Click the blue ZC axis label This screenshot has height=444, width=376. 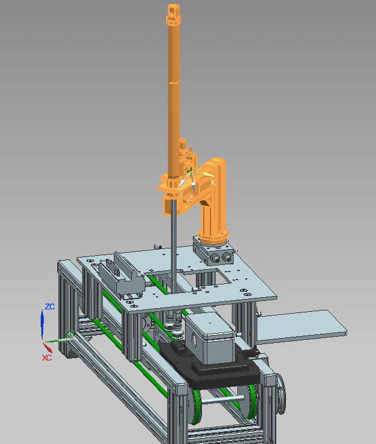(x=50, y=307)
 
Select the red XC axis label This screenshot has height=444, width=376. (x=47, y=358)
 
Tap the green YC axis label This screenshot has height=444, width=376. (x=70, y=334)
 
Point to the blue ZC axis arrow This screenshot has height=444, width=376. (x=42, y=323)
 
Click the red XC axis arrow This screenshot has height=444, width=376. (x=47, y=347)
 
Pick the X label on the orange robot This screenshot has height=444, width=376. (x=212, y=183)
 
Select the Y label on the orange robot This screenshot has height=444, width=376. (x=181, y=194)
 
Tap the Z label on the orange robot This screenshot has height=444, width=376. (x=190, y=198)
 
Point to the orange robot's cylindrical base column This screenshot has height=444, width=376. (x=213, y=224)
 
